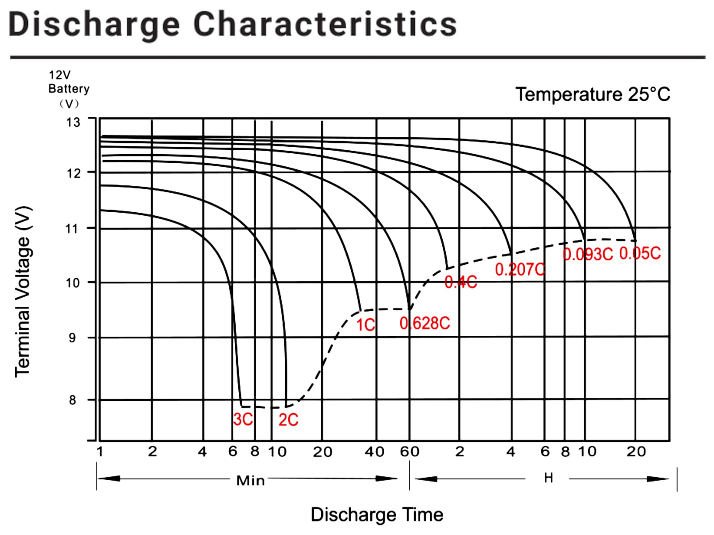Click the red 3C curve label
click(x=243, y=420)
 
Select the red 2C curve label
click(x=288, y=420)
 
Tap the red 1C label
click(x=365, y=325)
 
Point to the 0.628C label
click(x=425, y=323)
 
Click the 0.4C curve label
click(x=461, y=282)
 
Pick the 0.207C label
click(x=520, y=269)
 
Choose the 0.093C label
click(x=588, y=254)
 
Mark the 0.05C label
click(x=640, y=253)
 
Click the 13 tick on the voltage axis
click(x=73, y=122)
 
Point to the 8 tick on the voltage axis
click(x=72, y=400)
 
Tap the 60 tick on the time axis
click(x=410, y=452)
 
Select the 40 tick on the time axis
click(x=374, y=452)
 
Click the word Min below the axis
click(x=250, y=480)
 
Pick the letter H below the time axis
click(x=548, y=478)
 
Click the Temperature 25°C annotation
click(x=593, y=95)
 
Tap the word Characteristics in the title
click(x=325, y=24)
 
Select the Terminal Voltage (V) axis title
click(x=23, y=292)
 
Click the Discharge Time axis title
click(x=377, y=514)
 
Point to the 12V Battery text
click(x=69, y=82)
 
